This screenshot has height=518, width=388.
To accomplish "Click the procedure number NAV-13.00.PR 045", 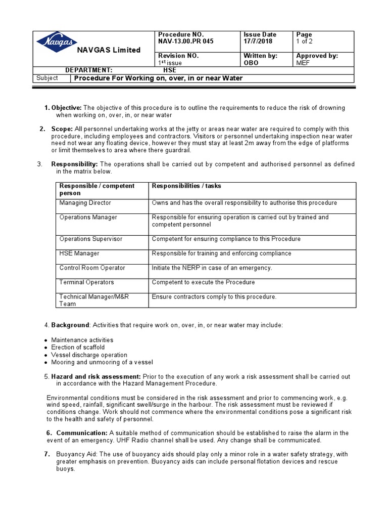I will tap(185, 41).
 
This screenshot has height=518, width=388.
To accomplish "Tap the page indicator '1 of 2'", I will tap(304, 41).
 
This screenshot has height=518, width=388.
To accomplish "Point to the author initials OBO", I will tap(251, 63).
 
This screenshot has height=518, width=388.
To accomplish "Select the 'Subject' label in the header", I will tap(47, 78).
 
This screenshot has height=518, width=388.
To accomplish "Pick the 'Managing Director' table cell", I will tap(85, 203).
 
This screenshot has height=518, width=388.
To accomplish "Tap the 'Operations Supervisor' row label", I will tap(90, 239).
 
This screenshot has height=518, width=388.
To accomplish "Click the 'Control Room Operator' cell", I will tap(92, 268).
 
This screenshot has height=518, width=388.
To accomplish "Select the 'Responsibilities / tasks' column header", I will tap(186, 186).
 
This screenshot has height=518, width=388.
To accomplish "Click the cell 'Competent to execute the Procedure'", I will tap(203, 282).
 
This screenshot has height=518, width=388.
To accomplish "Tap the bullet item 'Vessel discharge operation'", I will tap(89, 355).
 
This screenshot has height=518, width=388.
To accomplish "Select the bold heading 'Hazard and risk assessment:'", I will tap(96, 377).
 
